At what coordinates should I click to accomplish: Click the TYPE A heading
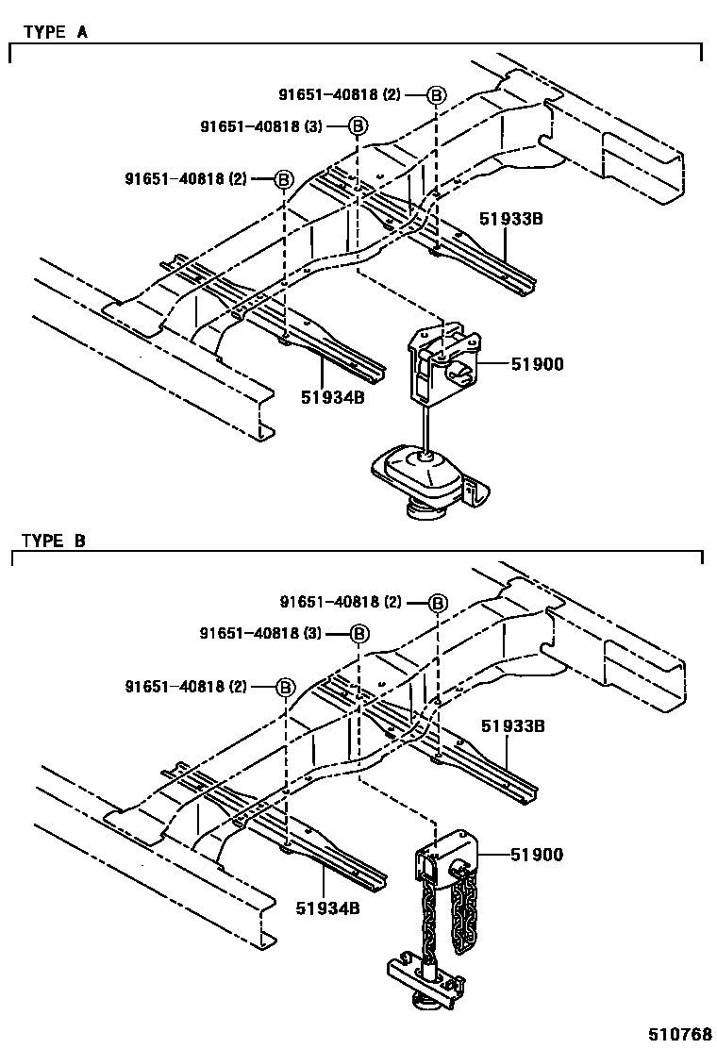[x=55, y=31]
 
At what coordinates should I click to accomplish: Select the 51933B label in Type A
[x=512, y=219]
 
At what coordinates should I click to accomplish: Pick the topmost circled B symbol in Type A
[x=436, y=94]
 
